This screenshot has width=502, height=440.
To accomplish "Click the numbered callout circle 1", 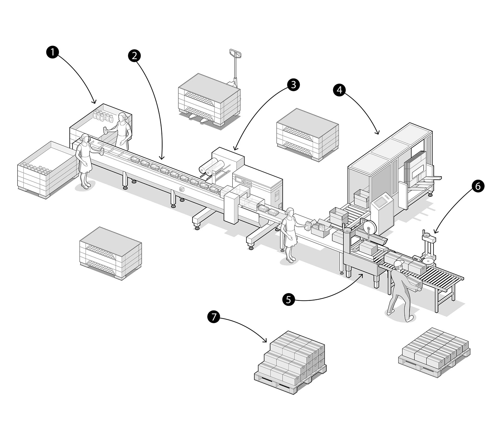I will pyautogui.click(x=53, y=52).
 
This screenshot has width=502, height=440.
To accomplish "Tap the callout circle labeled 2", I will pyautogui.click(x=134, y=56).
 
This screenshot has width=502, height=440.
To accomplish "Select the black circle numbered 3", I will pyautogui.click(x=293, y=85).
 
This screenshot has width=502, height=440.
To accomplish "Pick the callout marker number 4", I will pyautogui.click(x=339, y=90).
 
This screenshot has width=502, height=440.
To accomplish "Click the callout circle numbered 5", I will pyautogui.click(x=288, y=299).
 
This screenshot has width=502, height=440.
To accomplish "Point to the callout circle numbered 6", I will pyautogui.click(x=478, y=186).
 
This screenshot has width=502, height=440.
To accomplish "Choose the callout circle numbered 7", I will pyautogui.click(x=214, y=317).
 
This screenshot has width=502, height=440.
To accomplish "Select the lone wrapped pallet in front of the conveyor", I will pyautogui.click(x=111, y=253).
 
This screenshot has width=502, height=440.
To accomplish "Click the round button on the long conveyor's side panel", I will pyautogui.click(x=181, y=189).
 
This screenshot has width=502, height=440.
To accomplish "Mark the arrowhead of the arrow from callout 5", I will pyautogui.click(x=362, y=274).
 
